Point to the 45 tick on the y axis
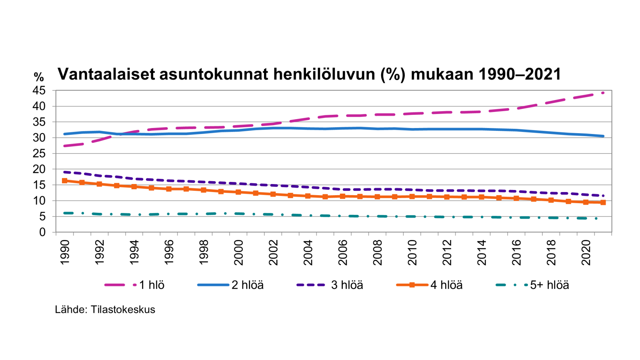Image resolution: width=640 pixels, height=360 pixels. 39,91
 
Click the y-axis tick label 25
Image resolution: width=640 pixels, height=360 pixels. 39,154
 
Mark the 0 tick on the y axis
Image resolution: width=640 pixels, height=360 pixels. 42,232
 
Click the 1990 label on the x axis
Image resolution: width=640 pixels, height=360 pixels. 65,252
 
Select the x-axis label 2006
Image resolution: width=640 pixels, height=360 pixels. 343,252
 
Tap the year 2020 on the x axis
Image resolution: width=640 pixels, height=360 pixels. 586,252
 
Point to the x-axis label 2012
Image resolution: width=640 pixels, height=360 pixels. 447,252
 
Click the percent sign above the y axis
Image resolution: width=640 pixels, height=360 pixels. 39,76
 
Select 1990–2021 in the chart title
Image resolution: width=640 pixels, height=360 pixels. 520,74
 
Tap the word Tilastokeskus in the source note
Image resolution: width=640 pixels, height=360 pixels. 123,310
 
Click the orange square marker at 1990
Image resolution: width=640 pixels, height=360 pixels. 65,181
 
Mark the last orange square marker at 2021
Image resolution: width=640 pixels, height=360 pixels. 603,202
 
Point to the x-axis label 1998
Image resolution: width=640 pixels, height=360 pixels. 204,252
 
